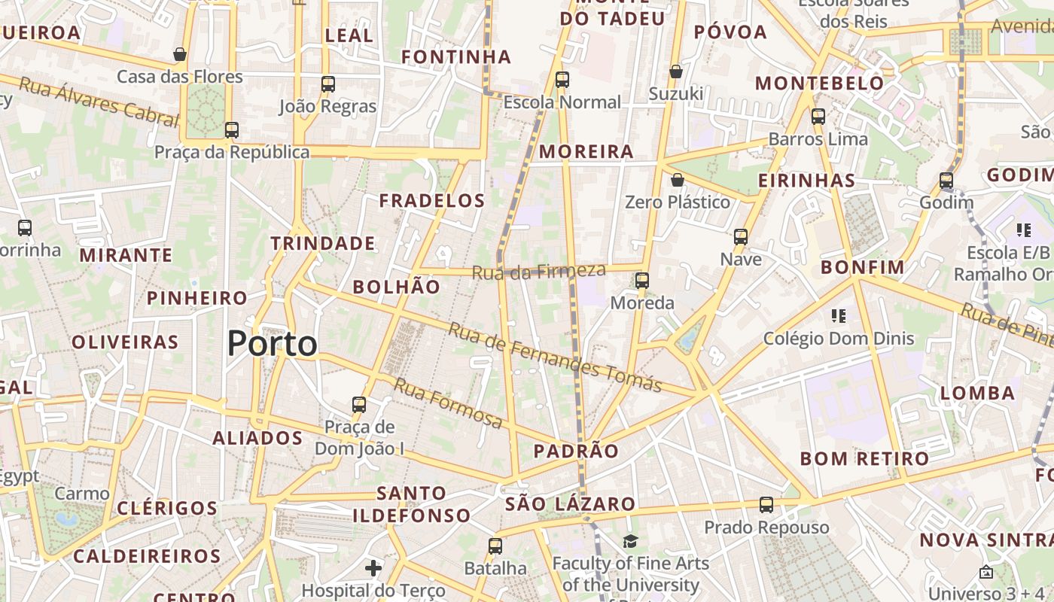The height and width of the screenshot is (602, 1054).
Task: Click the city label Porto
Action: tap(273, 344)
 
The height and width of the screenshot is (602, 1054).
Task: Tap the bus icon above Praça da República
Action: tap(232, 129)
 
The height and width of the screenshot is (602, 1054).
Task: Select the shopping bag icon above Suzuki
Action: tap(676, 71)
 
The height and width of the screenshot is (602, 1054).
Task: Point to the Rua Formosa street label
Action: tap(449, 405)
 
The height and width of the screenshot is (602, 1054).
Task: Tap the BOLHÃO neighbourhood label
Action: tap(396, 287)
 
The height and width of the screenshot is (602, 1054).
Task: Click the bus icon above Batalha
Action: tap(495, 546)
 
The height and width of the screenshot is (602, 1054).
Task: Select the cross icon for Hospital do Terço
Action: tap(373, 567)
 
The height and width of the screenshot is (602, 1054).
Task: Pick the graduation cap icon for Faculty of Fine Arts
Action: tap(630, 541)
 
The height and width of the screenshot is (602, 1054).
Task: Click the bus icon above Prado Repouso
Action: tap(766, 505)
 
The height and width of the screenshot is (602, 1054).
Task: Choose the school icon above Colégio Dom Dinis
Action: tap(839, 316)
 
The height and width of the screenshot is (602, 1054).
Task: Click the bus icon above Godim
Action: tap(946, 181)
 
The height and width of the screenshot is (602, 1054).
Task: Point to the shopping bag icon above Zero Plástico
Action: tap(678, 180)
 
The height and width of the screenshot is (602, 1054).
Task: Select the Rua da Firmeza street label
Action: tap(539, 271)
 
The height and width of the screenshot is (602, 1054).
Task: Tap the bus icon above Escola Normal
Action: tap(562, 79)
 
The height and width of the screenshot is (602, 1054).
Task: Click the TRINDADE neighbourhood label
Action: tap(323, 243)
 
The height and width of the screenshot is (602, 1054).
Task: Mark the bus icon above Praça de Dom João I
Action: tap(359, 404)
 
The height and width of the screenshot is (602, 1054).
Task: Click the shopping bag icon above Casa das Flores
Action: tap(180, 54)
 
